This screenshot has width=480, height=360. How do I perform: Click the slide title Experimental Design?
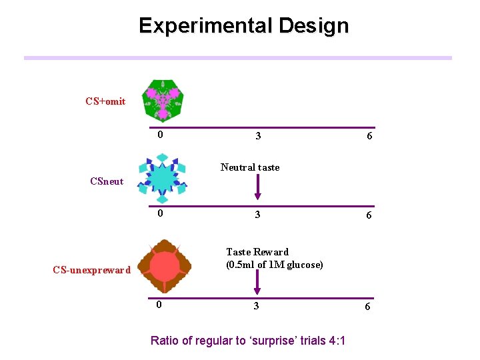(x=243, y=26)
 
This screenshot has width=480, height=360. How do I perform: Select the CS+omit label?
(x=105, y=101)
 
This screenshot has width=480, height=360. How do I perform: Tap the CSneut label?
(x=107, y=181)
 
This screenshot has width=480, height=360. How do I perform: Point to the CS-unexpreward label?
(x=92, y=270)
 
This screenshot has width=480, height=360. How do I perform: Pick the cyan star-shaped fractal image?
(x=162, y=178)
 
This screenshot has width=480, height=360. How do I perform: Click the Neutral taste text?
(x=250, y=167)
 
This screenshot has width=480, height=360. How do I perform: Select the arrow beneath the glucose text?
(x=258, y=283)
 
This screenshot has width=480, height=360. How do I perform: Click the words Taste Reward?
(x=257, y=252)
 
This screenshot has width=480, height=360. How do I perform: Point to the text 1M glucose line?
(x=274, y=265)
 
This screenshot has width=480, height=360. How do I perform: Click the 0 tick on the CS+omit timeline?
(x=160, y=135)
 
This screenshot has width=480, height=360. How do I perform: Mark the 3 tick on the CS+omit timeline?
(x=258, y=136)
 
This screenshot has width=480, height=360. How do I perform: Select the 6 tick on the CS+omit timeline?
(x=369, y=136)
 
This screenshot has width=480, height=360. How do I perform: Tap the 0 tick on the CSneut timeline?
(x=160, y=214)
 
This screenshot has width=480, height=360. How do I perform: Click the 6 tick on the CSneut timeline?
(x=369, y=215)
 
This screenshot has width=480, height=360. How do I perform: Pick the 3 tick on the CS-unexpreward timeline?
(x=256, y=306)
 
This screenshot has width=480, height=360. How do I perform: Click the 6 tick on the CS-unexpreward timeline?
(x=367, y=307)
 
